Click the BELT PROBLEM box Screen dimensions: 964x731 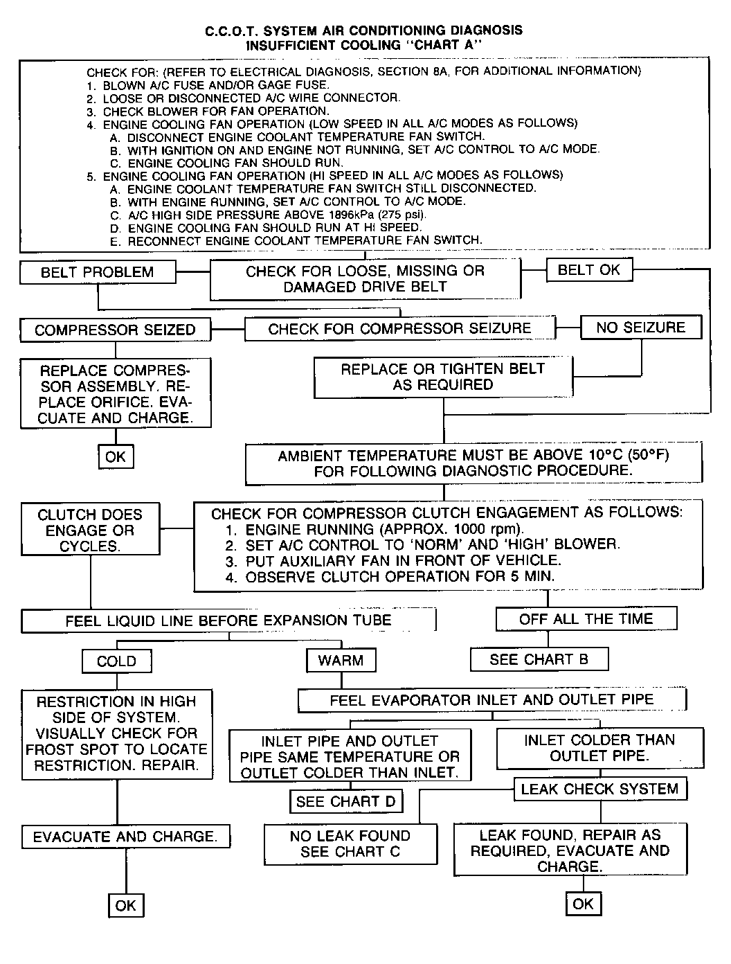click(98, 272)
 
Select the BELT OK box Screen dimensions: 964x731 click(589, 270)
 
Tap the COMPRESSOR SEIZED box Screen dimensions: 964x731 click(115, 330)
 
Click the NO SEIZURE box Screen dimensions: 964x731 click(640, 328)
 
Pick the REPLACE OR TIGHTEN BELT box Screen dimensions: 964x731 click(443, 377)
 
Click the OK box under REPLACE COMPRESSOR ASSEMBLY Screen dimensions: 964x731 click(116, 456)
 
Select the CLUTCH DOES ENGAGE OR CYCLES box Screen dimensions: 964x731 click(90, 530)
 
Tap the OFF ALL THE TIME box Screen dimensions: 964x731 click(586, 619)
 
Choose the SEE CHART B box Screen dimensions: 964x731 click(539, 659)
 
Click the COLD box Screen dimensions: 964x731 click(116, 661)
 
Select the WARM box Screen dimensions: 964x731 click(341, 661)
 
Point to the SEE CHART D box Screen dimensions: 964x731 click(345, 802)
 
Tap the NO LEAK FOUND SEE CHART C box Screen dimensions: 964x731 click(350, 843)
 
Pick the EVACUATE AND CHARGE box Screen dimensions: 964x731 click(125, 837)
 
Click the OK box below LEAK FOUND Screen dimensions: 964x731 click(583, 904)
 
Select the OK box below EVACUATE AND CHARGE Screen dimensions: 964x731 click(126, 905)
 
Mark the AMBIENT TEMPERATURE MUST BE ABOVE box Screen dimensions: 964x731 click(473, 463)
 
